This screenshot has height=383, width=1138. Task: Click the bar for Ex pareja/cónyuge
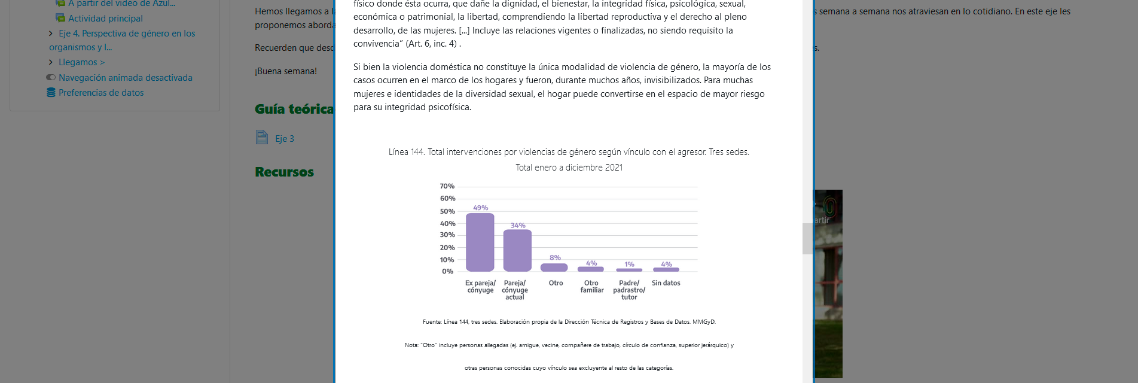(480, 242)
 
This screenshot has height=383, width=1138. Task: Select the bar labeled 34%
(517, 251)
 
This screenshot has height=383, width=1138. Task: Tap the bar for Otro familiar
(591, 269)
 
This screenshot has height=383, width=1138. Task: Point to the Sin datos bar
(666, 269)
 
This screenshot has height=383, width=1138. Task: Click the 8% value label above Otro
(555, 258)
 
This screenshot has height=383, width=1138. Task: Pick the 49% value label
(480, 208)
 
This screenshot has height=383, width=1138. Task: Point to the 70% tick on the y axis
(447, 186)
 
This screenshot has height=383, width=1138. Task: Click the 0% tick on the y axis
(448, 272)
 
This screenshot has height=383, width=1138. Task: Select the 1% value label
(629, 265)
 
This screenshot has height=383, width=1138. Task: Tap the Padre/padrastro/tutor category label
(629, 290)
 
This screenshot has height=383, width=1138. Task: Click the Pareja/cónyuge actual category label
(515, 290)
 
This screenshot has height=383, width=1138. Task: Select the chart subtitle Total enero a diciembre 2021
(569, 168)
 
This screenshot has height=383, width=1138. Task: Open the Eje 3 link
(285, 139)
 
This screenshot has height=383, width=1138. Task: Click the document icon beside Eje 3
(262, 138)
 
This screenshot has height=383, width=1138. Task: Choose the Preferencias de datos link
(101, 93)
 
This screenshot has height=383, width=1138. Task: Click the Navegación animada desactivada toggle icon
(51, 77)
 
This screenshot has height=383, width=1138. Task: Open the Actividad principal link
(105, 19)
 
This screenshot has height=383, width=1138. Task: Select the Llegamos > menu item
(81, 62)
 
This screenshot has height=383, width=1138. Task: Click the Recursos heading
(284, 172)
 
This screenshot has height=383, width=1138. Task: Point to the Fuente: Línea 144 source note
(569, 322)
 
